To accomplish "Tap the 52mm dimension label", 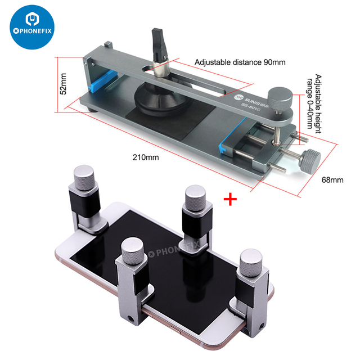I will tap(64, 83).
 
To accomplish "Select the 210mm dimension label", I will tap(147, 157).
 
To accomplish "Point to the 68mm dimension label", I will tap(332, 180).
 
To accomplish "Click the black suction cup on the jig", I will tap(164, 103).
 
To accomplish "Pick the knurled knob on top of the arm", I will tap(279, 94).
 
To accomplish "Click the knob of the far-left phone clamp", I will tap(83, 177).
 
